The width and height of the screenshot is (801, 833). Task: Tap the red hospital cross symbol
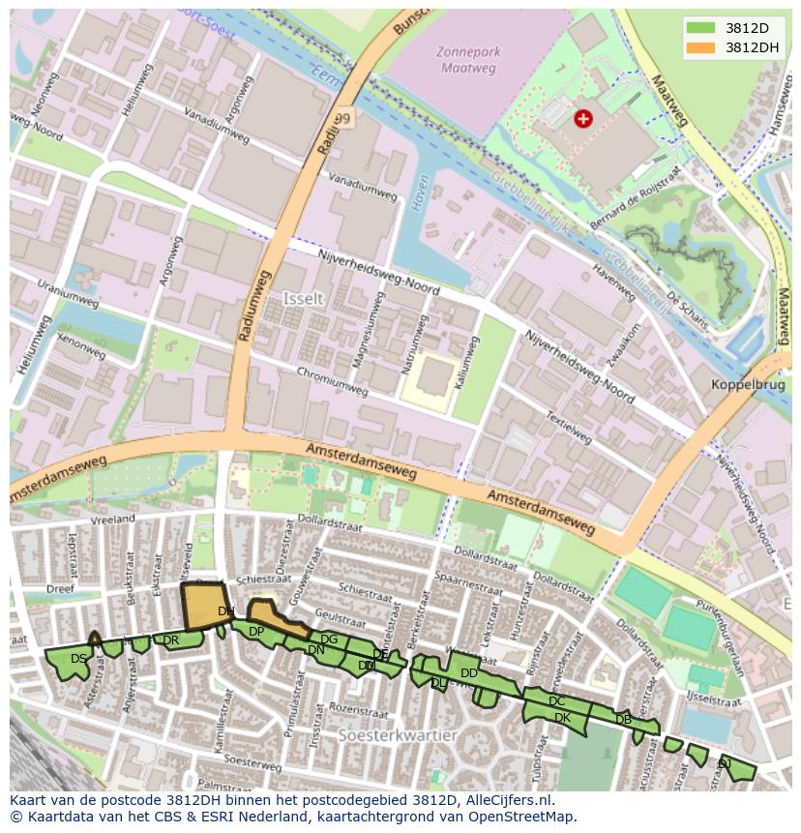coord(582,118)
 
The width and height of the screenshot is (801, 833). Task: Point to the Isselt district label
coord(303,299)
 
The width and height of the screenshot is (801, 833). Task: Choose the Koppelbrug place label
coord(746,383)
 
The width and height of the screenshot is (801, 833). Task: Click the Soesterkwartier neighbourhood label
coord(398,735)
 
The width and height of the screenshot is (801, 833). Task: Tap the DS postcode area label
coord(79,659)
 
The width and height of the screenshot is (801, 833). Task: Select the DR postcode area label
coord(170,640)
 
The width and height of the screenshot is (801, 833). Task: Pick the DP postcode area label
coord(256,632)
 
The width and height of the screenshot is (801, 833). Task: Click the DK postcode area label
coord(562,718)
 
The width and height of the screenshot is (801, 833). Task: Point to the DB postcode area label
coord(623,719)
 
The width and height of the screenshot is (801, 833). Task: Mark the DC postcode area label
coord(556,701)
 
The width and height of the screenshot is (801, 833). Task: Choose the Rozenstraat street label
coord(351,708)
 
